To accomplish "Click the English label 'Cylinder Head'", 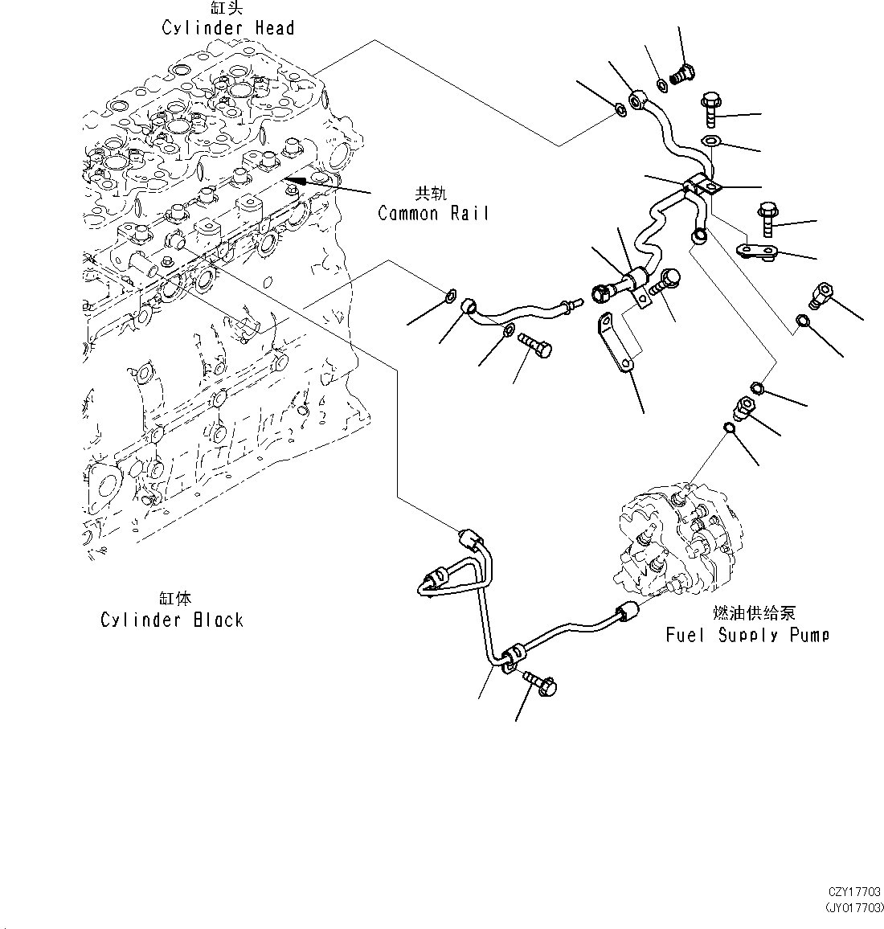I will click(x=227, y=28).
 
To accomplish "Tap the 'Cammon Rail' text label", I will click(x=432, y=213).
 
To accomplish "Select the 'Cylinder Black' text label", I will click(x=171, y=620).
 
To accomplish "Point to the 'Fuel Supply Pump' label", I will click(x=747, y=635).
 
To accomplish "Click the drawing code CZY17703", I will click(x=854, y=892).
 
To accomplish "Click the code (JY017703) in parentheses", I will click(x=853, y=908).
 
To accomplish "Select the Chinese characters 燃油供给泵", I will click(x=754, y=614).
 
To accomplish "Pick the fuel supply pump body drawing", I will click(x=683, y=546).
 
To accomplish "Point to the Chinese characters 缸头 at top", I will click(x=227, y=9).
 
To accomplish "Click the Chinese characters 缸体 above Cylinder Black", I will click(x=175, y=600).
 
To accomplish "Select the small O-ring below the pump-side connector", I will click(x=727, y=428).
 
